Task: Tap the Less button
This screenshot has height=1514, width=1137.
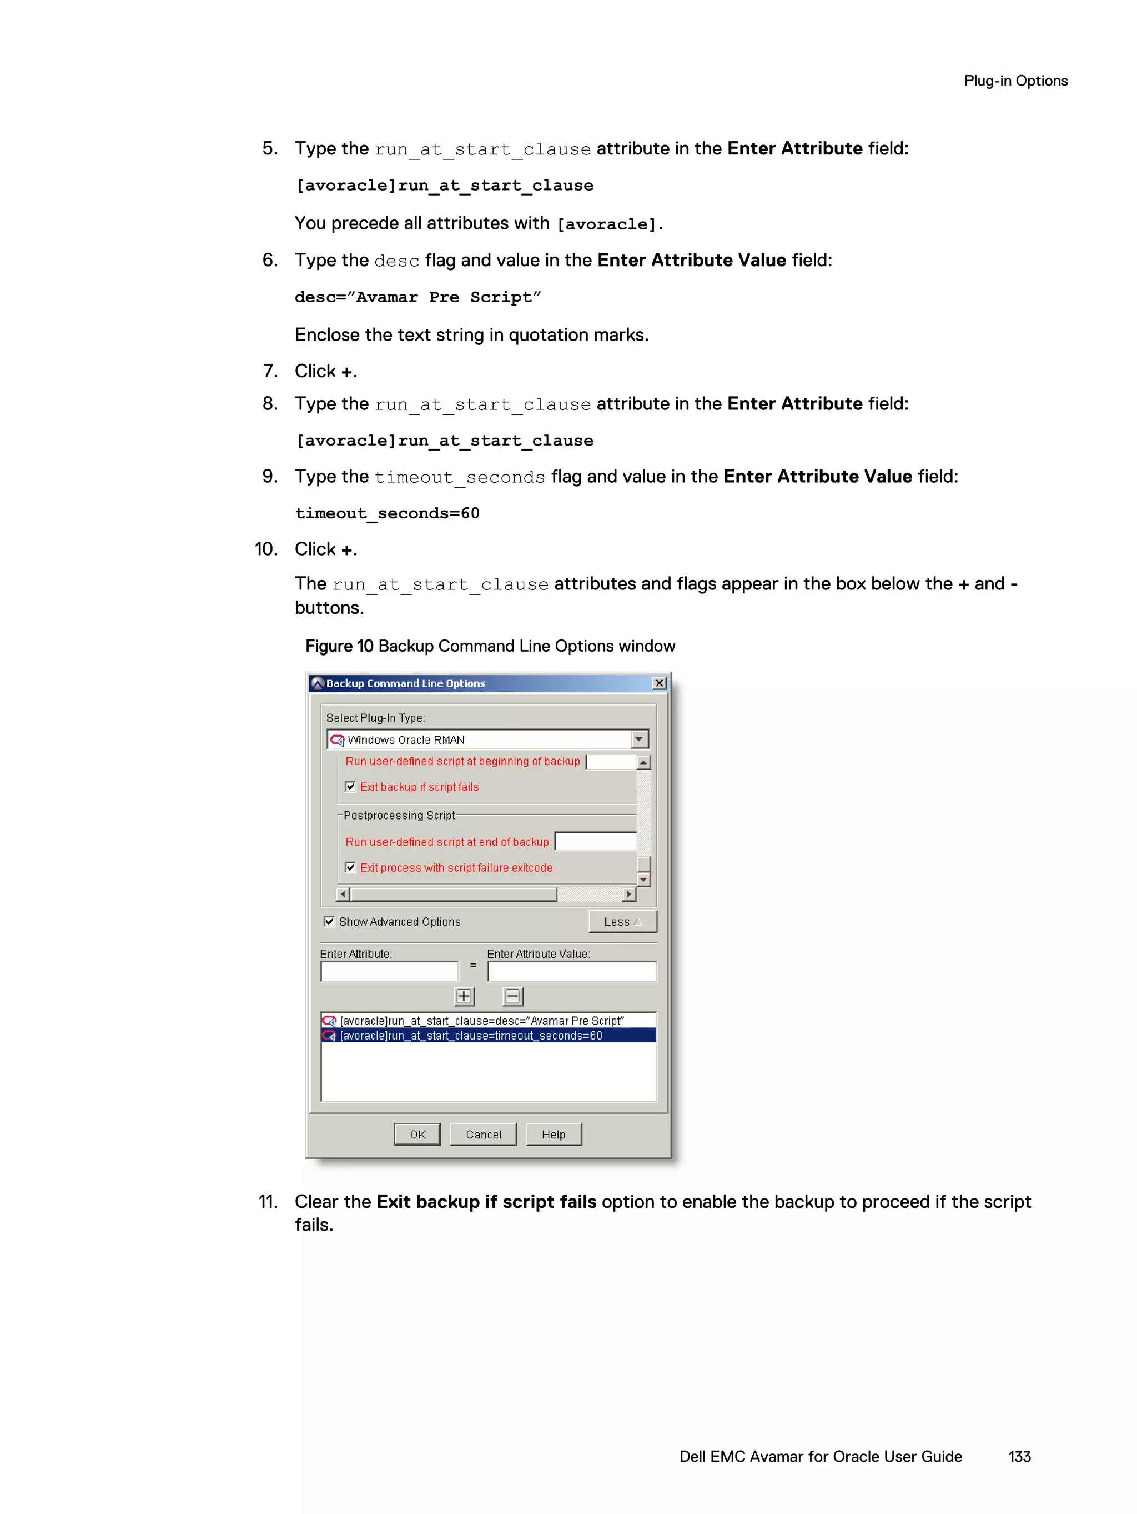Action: tap(622, 921)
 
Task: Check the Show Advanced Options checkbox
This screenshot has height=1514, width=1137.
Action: tap(329, 921)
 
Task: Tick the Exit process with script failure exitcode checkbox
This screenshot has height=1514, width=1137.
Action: tap(350, 867)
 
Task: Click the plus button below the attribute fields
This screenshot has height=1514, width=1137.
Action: tap(464, 997)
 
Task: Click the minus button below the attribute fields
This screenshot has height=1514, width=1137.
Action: tap(512, 997)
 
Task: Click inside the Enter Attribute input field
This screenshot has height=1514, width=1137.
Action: tap(389, 971)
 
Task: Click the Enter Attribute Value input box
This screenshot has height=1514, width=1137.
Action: tap(571, 971)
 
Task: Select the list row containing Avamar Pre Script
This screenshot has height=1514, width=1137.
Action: tap(482, 1021)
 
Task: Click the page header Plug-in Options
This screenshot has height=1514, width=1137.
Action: tap(1015, 81)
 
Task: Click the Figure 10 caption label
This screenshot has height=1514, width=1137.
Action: tap(339, 646)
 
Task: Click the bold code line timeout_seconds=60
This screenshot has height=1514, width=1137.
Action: tap(387, 513)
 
